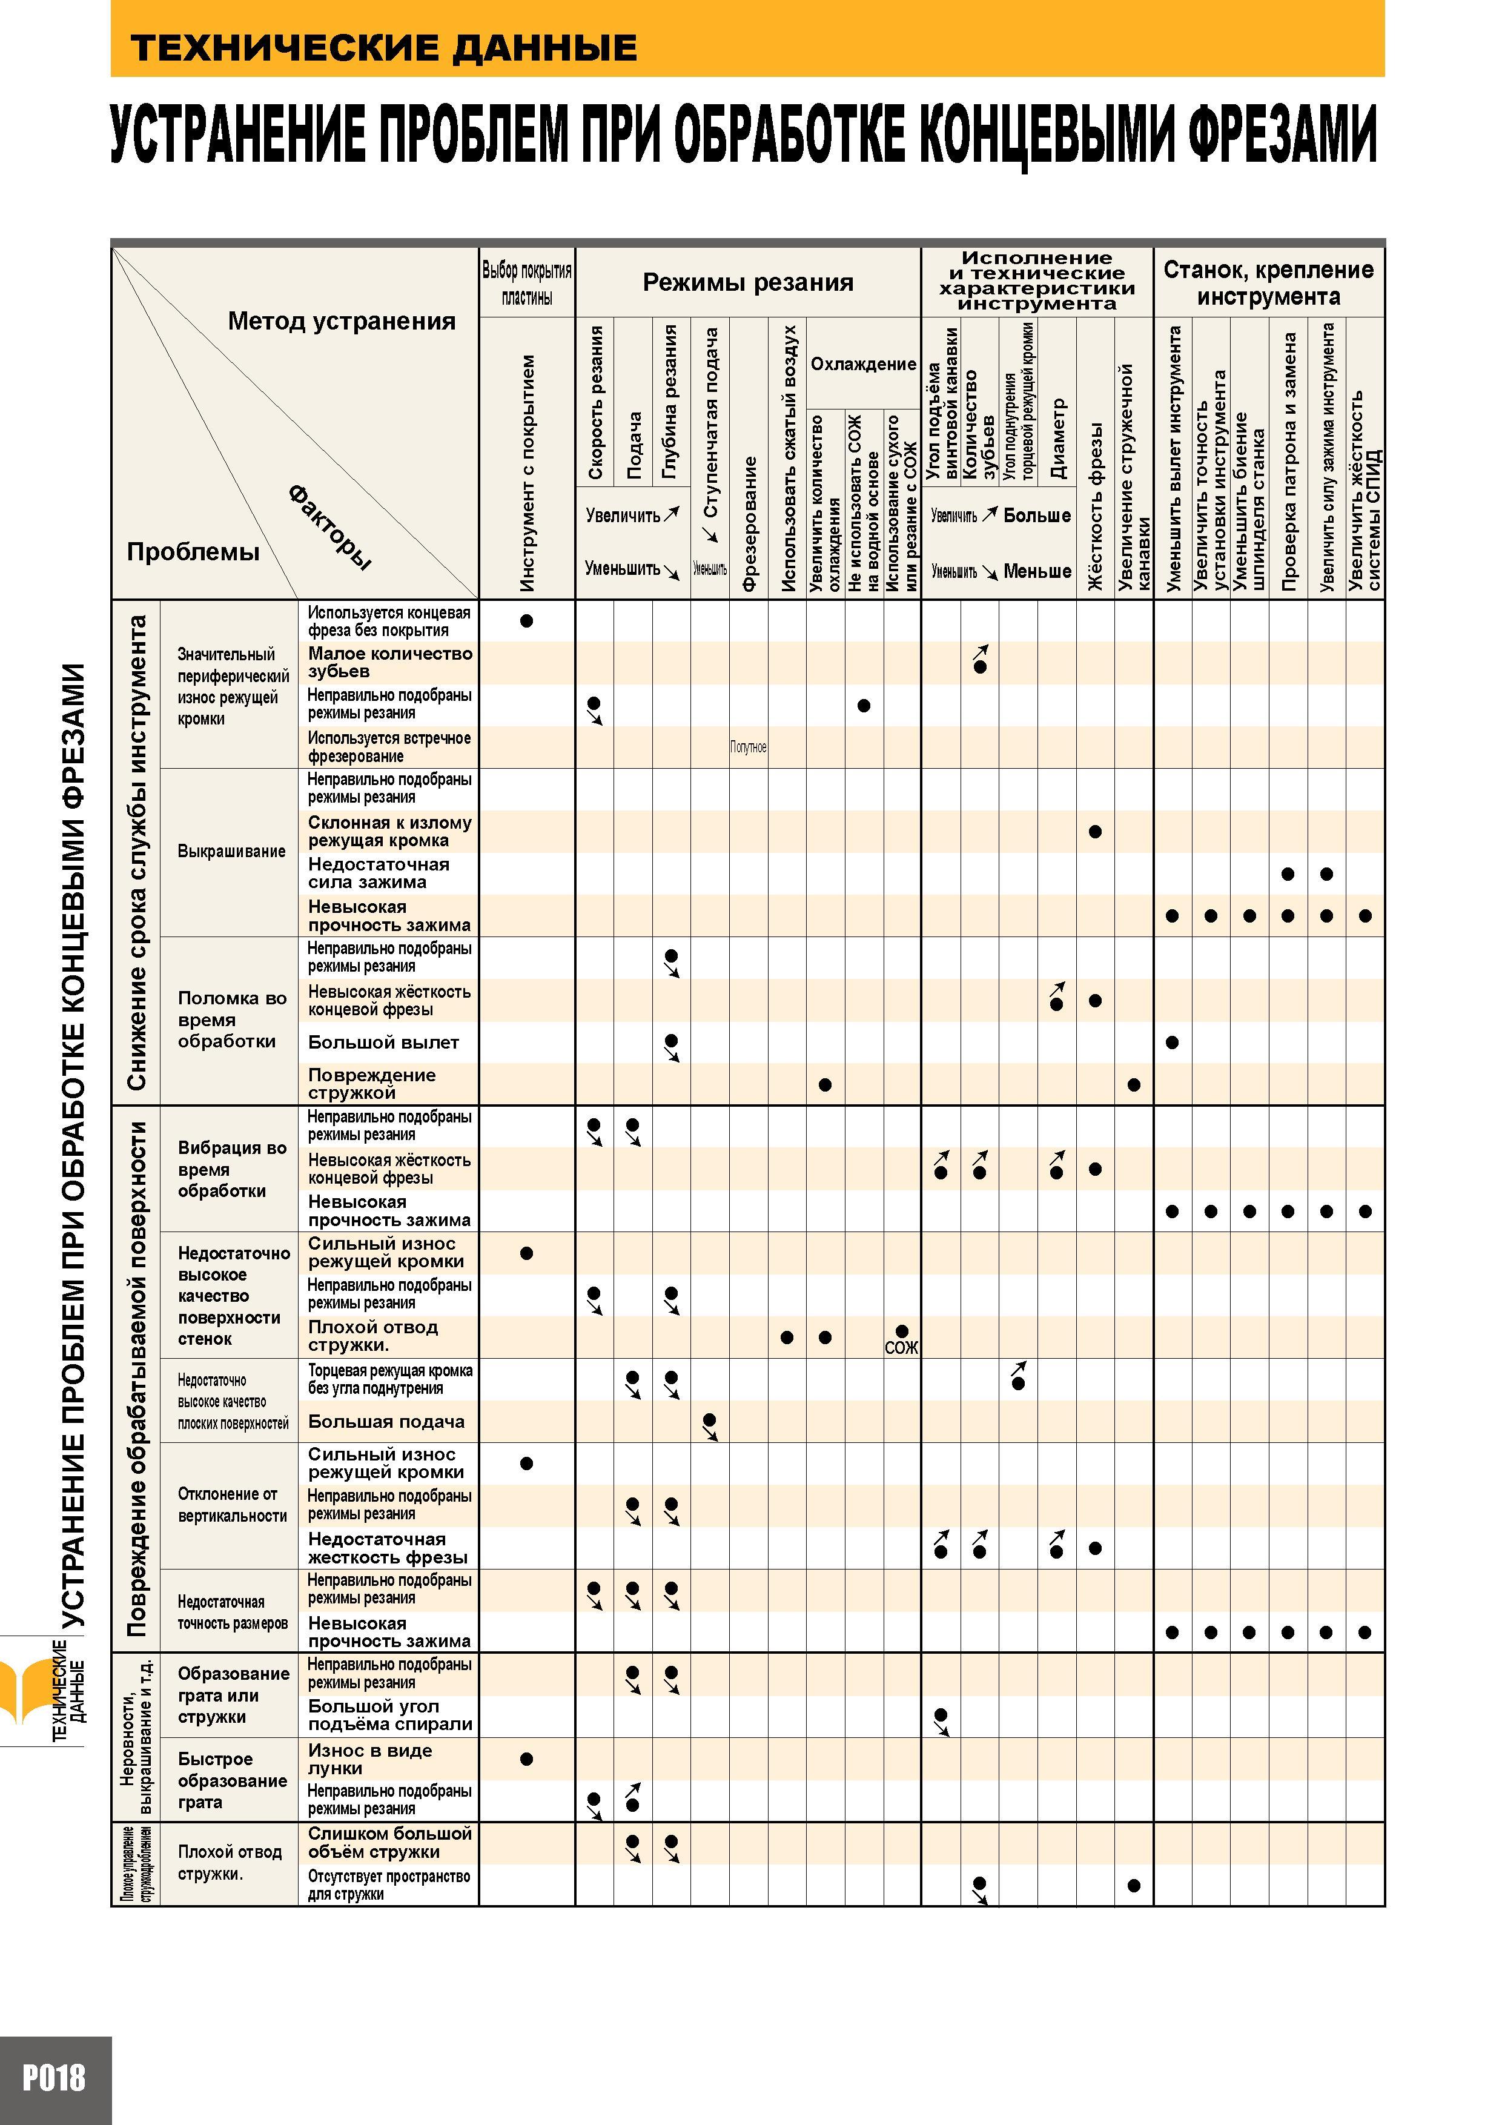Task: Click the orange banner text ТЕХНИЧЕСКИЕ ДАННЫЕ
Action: [x=384, y=46]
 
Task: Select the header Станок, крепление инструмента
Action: [x=1268, y=283]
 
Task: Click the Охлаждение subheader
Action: [x=864, y=363]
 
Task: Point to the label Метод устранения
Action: [x=342, y=321]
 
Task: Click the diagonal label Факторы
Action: [x=329, y=526]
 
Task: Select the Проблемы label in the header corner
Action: [x=193, y=552]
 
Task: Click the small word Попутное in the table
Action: [x=748, y=747]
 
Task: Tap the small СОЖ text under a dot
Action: [x=901, y=1348]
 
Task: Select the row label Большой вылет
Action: [x=383, y=1042]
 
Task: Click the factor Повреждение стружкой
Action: [x=372, y=1084]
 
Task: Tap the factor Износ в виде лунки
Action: [x=370, y=1759]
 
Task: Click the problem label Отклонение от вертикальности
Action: [x=233, y=1504]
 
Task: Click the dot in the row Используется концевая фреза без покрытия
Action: [x=526, y=621]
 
